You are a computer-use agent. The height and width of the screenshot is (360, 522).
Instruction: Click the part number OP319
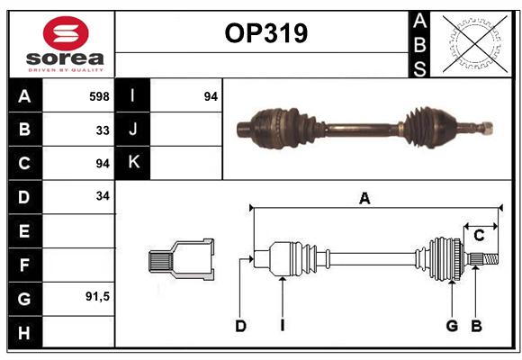click(x=266, y=33)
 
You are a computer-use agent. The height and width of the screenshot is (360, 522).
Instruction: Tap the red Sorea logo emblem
click(x=66, y=33)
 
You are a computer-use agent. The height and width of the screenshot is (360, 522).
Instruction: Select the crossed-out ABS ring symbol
click(x=475, y=43)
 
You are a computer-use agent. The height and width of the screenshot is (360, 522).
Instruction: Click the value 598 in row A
click(x=99, y=96)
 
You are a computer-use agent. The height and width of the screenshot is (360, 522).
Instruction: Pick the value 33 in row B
click(x=103, y=130)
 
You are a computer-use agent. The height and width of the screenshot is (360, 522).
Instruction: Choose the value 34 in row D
click(x=103, y=196)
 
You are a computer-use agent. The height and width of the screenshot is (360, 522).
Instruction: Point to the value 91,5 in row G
click(x=97, y=296)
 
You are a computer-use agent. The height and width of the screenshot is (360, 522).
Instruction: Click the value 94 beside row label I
click(x=211, y=96)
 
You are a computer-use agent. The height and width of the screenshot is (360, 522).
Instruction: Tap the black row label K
click(x=132, y=163)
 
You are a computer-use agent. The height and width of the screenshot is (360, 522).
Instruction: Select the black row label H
click(x=25, y=332)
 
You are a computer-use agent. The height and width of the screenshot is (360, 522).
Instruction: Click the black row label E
click(x=25, y=230)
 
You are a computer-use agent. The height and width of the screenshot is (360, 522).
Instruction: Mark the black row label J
click(x=132, y=129)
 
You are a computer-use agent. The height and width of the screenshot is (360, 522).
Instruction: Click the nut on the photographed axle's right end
click(x=487, y=128)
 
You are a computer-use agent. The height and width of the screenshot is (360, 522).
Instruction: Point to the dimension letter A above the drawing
click(x=364, y=199)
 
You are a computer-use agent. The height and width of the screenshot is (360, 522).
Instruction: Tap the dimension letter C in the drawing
click(x=479, y=236)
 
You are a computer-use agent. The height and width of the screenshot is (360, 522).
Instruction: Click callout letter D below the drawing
click(x=240, y=326)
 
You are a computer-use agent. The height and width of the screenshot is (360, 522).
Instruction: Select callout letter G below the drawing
click(x=452, y=326)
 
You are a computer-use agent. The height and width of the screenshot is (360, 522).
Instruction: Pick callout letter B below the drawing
click(x=476, y=326)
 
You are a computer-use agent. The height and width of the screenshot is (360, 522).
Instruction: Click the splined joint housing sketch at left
click(x=181, y=259)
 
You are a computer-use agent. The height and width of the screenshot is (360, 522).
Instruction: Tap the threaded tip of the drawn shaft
click(x=490, y=259)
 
